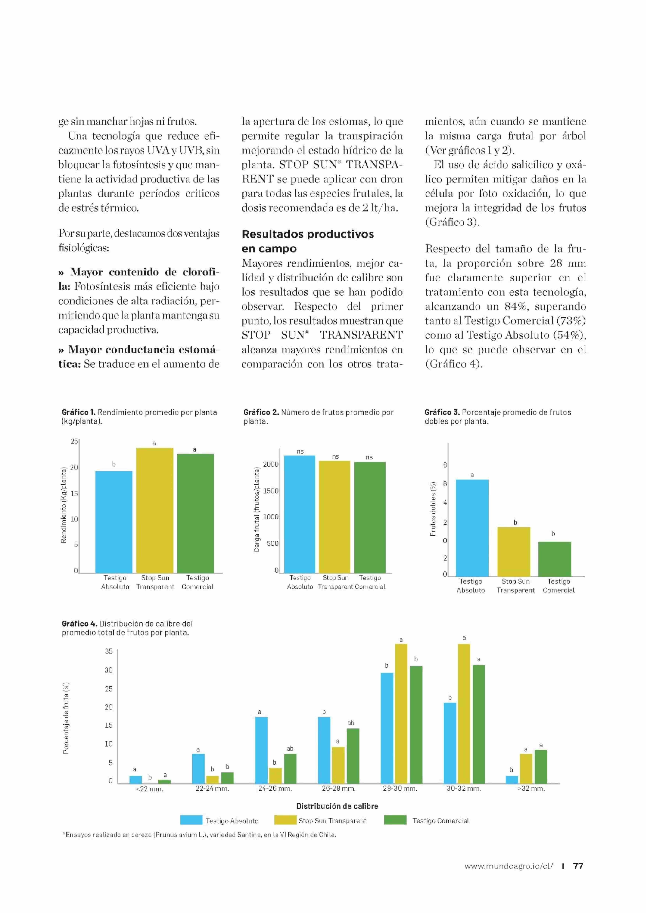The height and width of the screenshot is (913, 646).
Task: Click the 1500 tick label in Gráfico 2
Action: click(271, 491)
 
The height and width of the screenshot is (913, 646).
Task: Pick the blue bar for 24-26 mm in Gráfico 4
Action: click(261, 750)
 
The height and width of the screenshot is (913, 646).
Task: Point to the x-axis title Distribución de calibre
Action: click(337, 806)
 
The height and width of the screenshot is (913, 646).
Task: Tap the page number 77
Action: click(578, 866)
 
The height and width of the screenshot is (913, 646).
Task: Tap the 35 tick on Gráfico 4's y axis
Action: click(109, 651)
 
